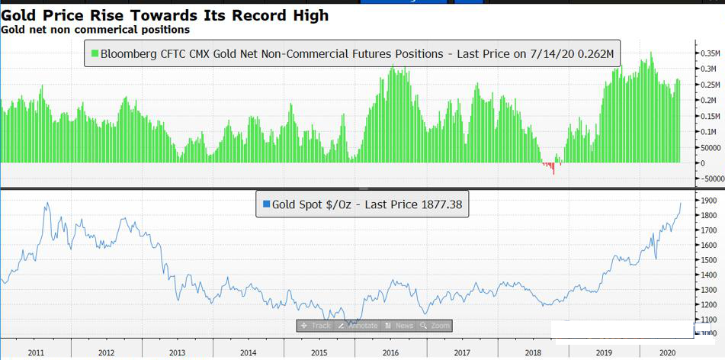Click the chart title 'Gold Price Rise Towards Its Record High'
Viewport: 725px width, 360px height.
pyautogui.click(x=165, y=14)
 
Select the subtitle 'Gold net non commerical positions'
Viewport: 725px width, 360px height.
pyautogui.click(x=95, y=30)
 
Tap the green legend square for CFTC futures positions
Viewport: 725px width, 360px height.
pyautogui.click(x=95, y=54)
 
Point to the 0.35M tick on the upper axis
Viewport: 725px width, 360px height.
pyautogui.click(x=710, y=53)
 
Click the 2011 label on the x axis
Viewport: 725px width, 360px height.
pyautogui.click(x=35, y=352)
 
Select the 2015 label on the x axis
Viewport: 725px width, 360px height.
pyautogui.click(x=319, y=352)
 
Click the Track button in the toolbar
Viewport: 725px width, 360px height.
pyautogui.click(x=316, y=326)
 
